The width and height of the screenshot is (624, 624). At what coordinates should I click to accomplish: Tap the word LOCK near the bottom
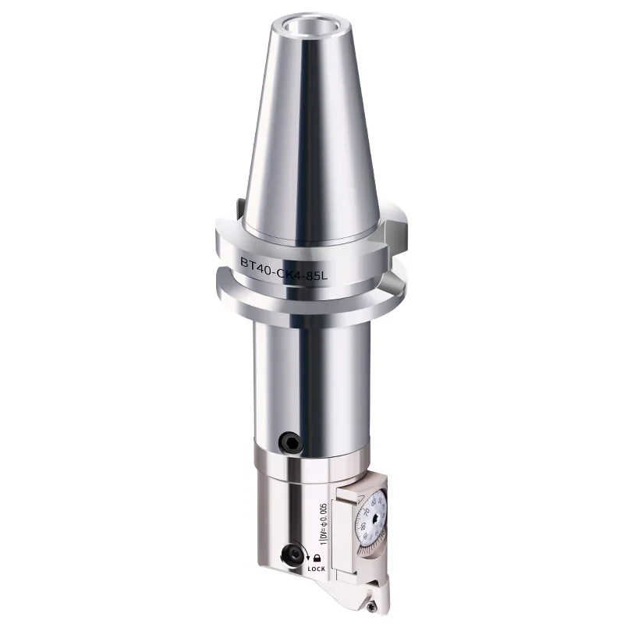(317, 569)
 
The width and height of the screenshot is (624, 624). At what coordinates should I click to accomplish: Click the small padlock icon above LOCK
(317, 558)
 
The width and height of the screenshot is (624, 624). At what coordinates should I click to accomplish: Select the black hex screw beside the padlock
(293, 555)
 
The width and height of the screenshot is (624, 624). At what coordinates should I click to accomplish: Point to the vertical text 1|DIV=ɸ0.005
(324, 524)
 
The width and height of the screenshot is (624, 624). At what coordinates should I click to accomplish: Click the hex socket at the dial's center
(376, 519)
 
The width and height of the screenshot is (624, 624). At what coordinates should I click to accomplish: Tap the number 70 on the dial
(367, 511)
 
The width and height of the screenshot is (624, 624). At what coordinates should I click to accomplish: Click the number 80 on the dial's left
(363, 526)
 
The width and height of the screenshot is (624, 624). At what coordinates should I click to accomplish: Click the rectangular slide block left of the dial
(342, 535)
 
